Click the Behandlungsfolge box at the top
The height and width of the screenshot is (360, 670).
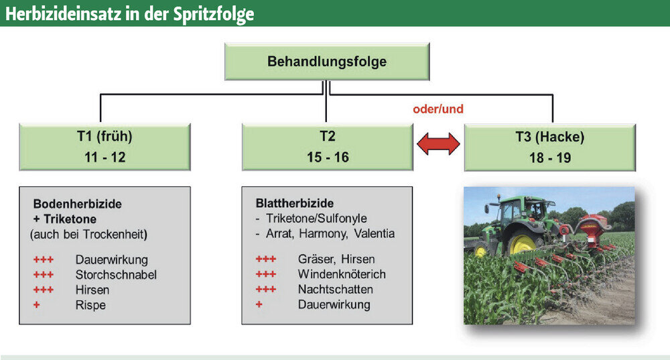point(327,62)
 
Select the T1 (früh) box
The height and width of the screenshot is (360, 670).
point(105,147)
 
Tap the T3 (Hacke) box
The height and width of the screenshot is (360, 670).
point(550,147)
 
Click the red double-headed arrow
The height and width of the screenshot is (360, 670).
point(438,143)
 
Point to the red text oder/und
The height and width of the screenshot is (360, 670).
point(438,109)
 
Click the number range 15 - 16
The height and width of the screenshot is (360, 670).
point(328,158)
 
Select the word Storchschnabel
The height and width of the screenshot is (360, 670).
point(116,275)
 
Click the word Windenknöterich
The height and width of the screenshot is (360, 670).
point(342,274)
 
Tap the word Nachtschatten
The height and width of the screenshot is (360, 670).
point(336,290)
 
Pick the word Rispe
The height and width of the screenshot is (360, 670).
point(90,305)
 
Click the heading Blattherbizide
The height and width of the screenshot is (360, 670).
point(295,203)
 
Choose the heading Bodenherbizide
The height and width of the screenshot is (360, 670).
point(77,204)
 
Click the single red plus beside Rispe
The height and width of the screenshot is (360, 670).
point(37,305)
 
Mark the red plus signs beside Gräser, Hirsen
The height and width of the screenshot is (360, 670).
point(266,259)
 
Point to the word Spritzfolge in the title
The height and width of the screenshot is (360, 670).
point(214,14)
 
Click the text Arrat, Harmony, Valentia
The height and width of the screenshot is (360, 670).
point(330,234)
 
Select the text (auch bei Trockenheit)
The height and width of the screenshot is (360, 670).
point(88,235)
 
